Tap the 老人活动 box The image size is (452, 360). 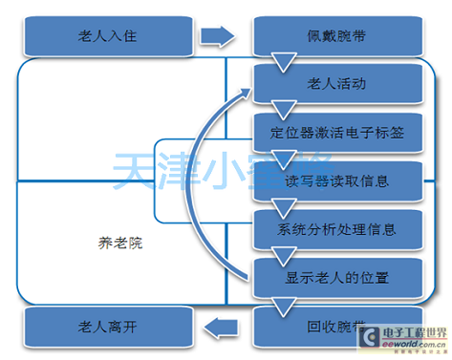[337, 84]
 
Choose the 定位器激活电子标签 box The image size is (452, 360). [337, 133]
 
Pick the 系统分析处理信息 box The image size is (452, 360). [337, 229]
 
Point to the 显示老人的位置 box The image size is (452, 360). [337, 278]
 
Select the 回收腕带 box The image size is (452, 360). [337, 326]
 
